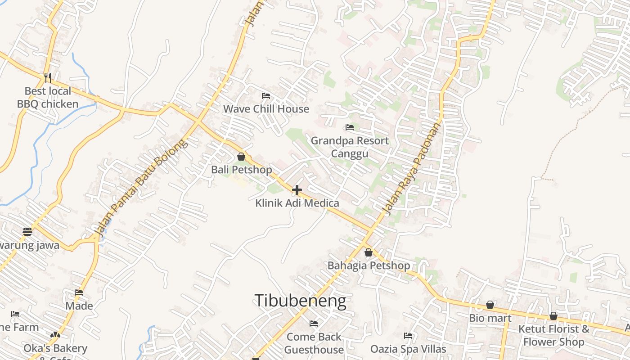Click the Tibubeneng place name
point(300,301)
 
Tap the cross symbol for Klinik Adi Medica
point(297,190)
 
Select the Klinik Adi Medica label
point(297,203)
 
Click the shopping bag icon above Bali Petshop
point(241,157)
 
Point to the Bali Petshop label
point(241,170)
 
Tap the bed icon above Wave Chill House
point(266,95)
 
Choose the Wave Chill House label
point(266,108)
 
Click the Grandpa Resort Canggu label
point(350,147)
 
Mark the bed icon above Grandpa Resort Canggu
point(350,127)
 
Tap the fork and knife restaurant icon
point(48,77)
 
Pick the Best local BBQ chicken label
point(48,98)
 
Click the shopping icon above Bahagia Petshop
point(369,252)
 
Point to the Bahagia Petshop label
point(369,265)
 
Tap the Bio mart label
point(490,318)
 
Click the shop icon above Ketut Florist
point(553,316)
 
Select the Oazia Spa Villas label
point(408,349)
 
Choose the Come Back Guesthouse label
point(314,343)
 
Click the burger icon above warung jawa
point(27,232)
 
